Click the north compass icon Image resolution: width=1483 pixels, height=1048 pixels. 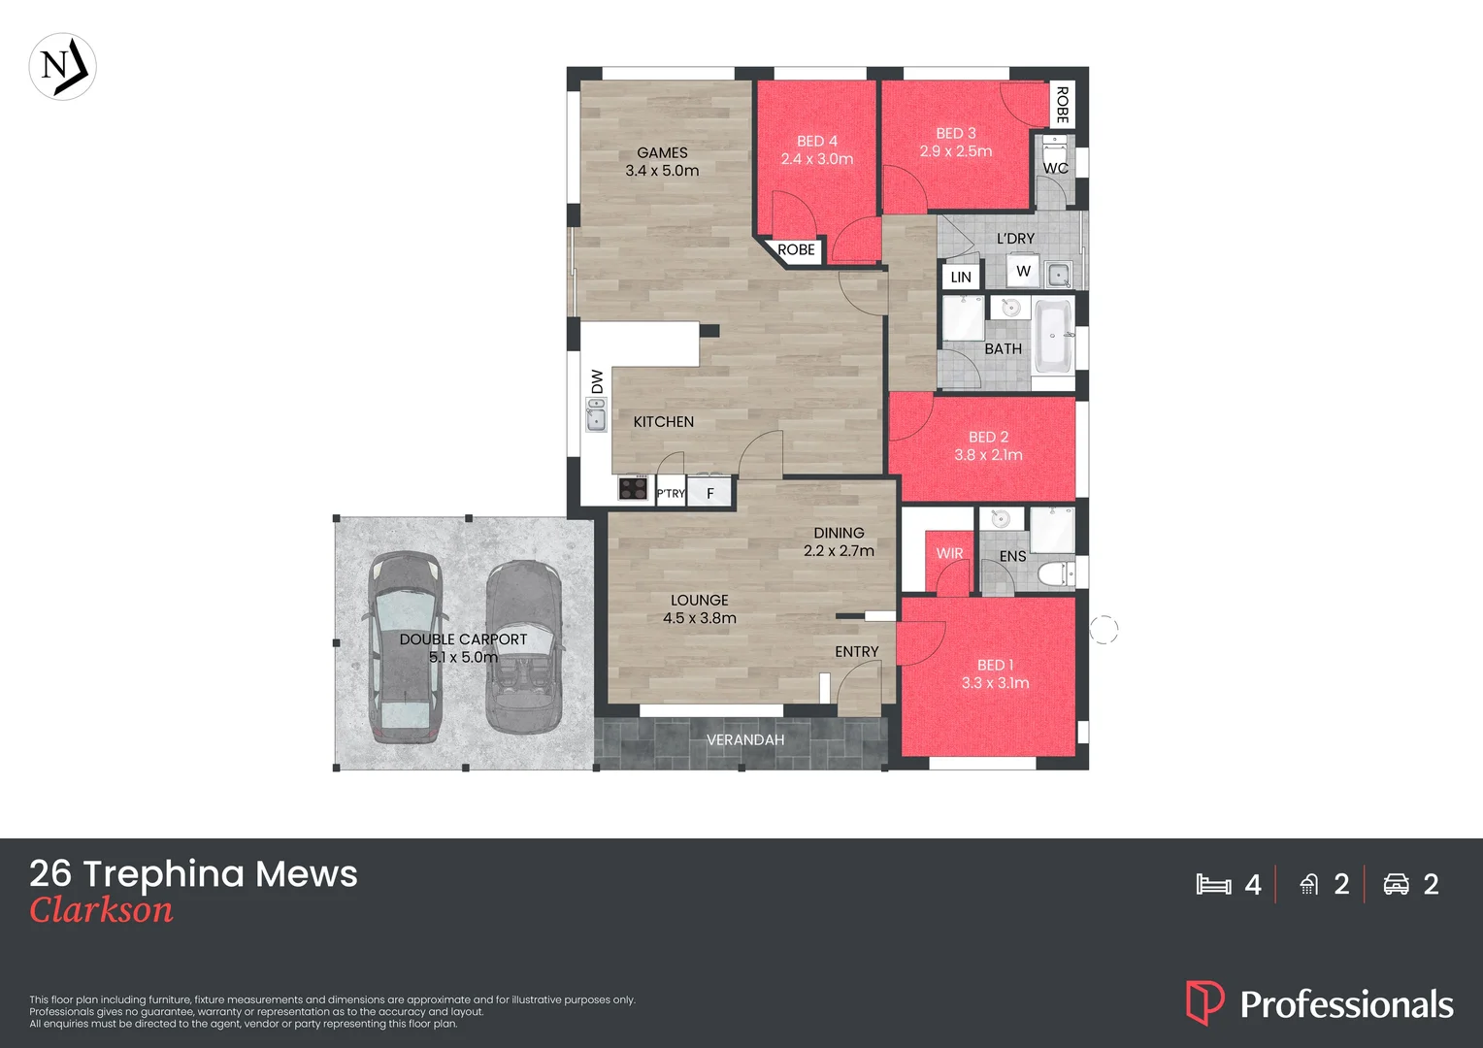point(63,67)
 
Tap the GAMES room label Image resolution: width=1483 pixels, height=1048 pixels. point(662,153)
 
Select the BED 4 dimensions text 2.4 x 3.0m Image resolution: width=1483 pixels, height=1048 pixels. point(816,159)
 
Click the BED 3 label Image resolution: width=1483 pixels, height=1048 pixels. point(956,134)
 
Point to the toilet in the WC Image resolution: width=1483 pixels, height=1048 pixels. point(1054,155)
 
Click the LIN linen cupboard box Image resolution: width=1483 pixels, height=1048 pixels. point(961,278)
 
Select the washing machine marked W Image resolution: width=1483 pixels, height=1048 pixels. point(1023,272)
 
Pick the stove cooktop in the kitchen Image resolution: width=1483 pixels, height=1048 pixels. point(634,488)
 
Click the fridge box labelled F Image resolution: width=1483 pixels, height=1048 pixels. point(710,494)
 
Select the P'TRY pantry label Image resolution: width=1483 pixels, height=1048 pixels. point(671,494)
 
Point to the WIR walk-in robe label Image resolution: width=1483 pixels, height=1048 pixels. point(949,554)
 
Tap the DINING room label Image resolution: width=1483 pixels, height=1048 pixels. point(839,534)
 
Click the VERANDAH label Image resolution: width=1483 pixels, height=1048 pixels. point(745,740)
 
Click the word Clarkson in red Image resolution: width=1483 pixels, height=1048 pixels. point(101,910)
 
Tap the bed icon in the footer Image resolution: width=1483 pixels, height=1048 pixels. point(1213,884)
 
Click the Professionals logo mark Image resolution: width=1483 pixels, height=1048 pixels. point(1204,1002)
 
